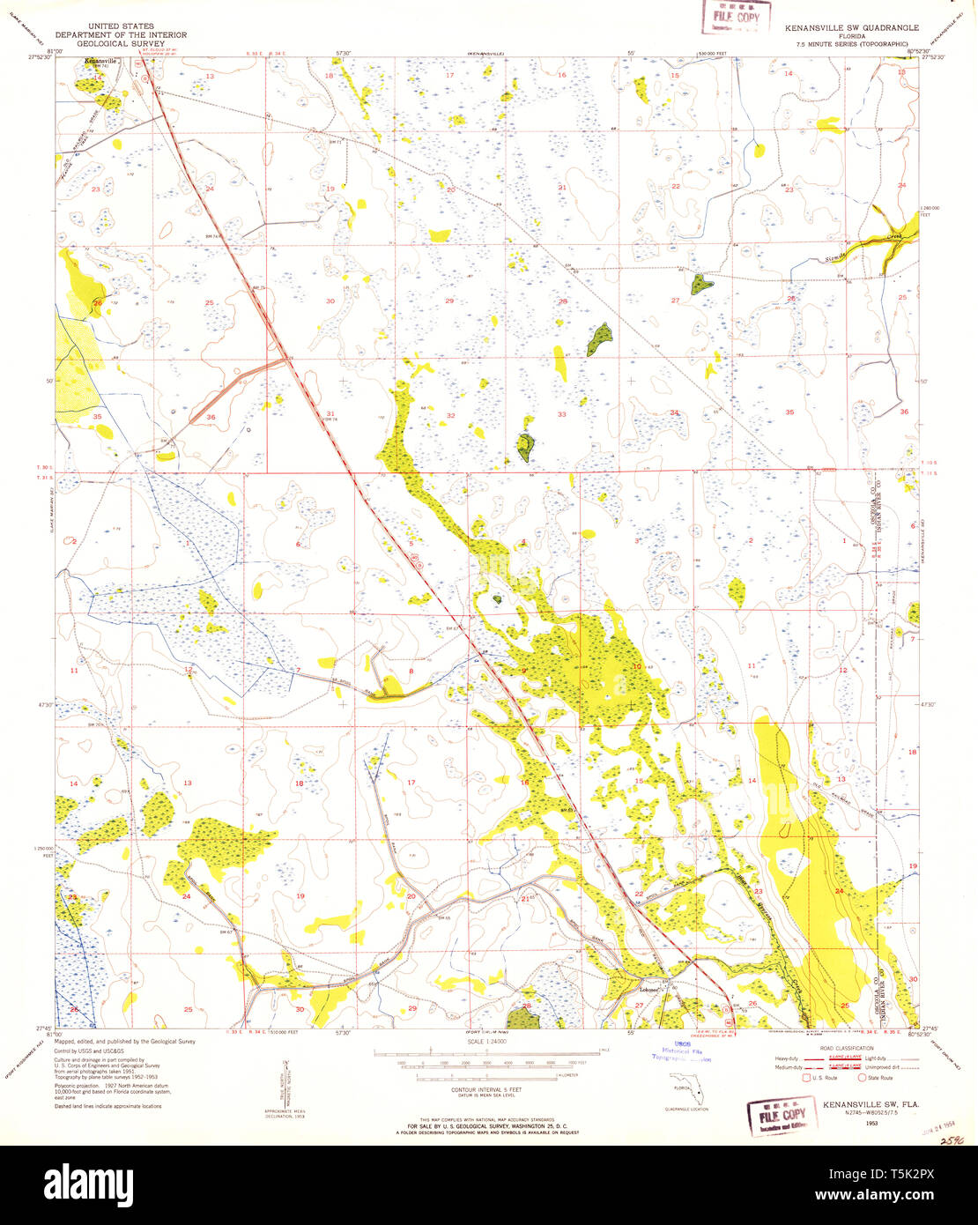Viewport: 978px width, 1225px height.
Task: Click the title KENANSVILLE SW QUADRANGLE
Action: pos(851,28)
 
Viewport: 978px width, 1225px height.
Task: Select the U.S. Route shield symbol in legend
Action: pos(805,1077)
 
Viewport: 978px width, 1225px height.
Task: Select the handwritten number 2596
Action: pos(951,1139)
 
